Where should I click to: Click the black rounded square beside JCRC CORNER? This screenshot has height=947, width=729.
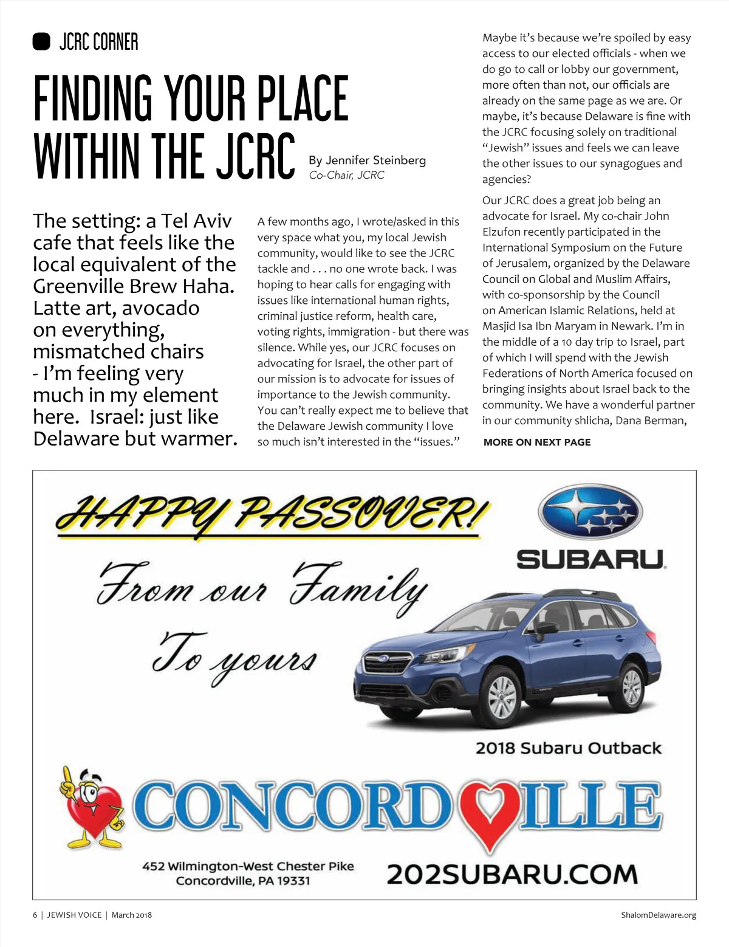click(x=41, y=41)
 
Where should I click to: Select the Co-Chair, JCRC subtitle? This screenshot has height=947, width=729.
click(x=346, y=175)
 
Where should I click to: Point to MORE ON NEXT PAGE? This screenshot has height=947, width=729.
click(x=536, y=443)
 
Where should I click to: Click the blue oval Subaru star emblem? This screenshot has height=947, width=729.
click(x=590, y=512)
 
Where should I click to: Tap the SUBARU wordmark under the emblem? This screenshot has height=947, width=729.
click(x=590, y=559)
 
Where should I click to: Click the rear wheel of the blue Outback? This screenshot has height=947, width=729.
click(x=632, y=686)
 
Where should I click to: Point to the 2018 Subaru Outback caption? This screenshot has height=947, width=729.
click(x=568, y=748)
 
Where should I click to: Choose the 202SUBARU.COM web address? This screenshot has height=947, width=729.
click(x=512, y=875)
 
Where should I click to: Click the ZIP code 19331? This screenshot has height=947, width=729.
click(x=293, y=881)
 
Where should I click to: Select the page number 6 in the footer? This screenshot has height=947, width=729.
click(x=35, y=915)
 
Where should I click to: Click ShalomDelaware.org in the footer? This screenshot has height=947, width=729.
click(x=659, y=915)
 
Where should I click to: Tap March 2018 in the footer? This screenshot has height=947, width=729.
click(x=131, y=915)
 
